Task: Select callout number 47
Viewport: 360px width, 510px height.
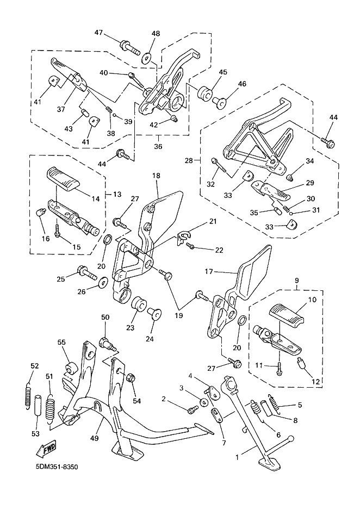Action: pos(98,33)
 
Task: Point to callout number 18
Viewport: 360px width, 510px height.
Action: pos(156,176)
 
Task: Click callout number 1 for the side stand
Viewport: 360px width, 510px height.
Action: pos(237,458)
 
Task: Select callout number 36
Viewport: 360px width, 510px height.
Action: pos(158,146)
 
